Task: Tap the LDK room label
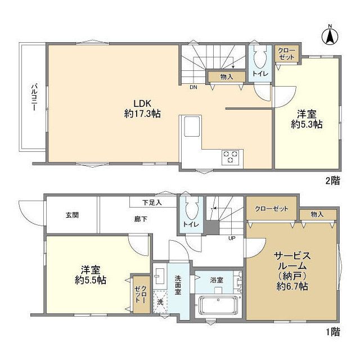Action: coord(142,103)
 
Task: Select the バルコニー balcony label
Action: coord(34,97)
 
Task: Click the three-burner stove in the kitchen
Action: coord(230,157)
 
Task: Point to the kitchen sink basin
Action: coord(192,126)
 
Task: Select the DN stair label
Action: coord(193,87)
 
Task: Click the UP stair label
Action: coord(232,238)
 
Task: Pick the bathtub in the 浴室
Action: coord(218,305)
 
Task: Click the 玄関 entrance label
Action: coord(72,215)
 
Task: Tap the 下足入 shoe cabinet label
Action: coord(152,202)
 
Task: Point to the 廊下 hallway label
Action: coord(141,219)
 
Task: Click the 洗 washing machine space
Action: coord(160,302)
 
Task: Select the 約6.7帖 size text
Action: coord(292,286)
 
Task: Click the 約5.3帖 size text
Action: coord(307,124)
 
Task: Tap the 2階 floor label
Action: coord(332,181)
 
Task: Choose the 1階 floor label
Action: coord(333,331)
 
